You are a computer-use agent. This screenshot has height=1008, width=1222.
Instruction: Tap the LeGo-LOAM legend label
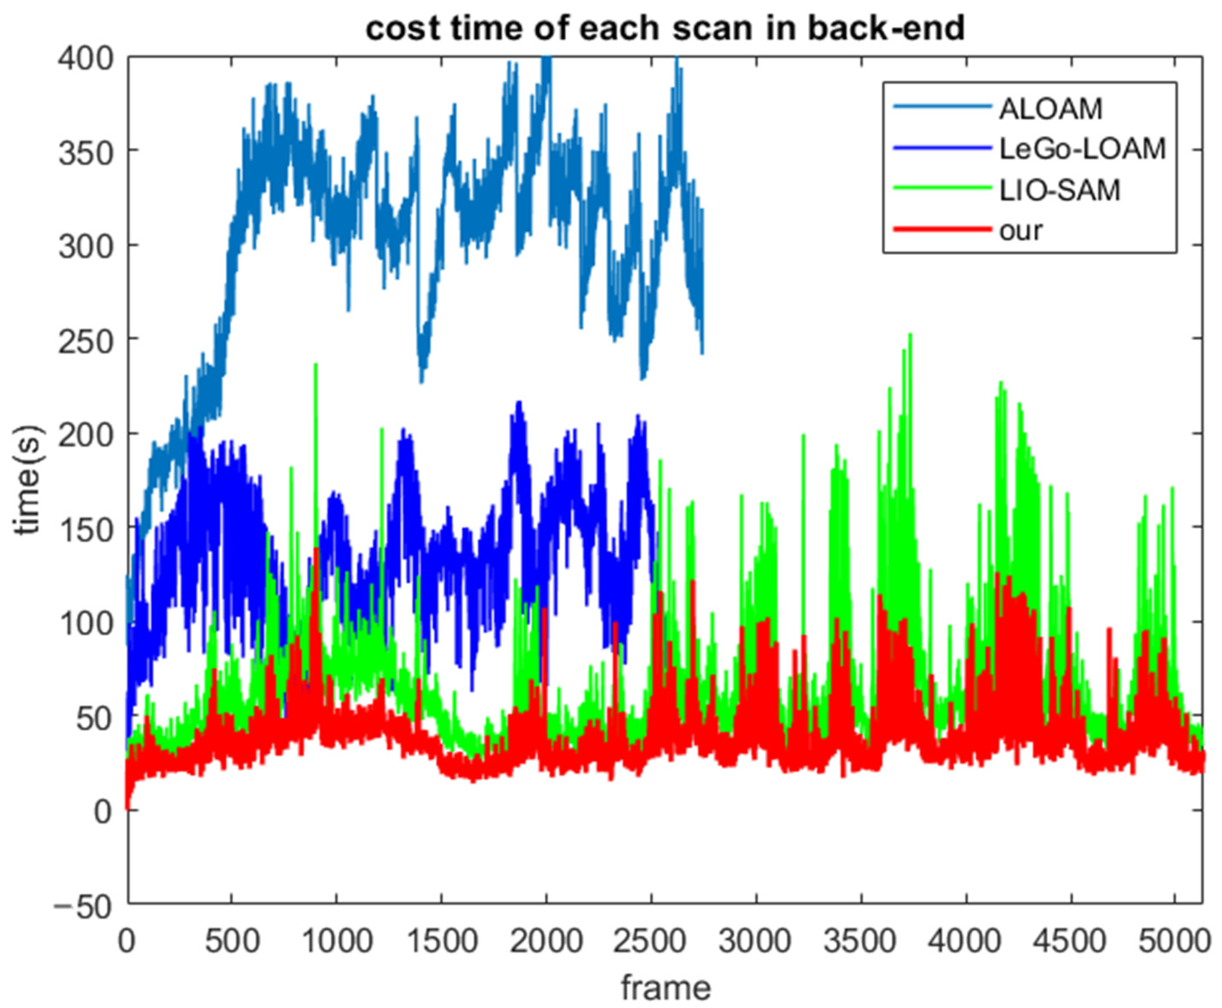[x=1081, y=149]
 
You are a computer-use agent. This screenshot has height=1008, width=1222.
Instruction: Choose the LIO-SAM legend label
[x=1059, y=190]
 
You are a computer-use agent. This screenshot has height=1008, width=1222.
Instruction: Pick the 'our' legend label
[x=1020, y=230]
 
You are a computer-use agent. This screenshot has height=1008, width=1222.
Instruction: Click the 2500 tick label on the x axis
[x=650, y=941]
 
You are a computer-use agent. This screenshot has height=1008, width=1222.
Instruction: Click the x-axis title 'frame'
[x=666, y=988]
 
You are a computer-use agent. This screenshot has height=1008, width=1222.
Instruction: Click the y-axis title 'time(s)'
[x=28, y=480]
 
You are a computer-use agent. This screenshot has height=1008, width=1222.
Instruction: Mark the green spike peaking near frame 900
[x=315, y=366]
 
